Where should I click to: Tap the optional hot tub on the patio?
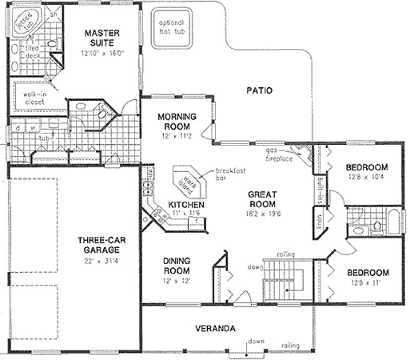point(171,26)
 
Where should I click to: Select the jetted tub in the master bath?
point(23,23)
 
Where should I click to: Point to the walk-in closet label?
point(34,97)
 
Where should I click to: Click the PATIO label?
point(259,91)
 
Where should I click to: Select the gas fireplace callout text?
point(279,154)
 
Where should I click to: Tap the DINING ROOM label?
point(176,265)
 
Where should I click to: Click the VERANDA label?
point(215,329)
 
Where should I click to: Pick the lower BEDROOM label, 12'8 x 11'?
point(368,272)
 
